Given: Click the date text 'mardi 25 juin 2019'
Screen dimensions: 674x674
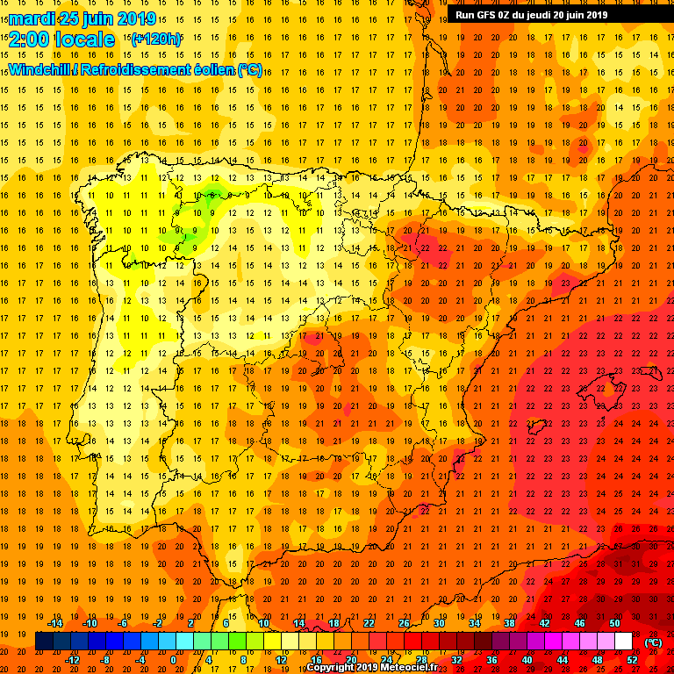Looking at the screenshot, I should coord(83,18).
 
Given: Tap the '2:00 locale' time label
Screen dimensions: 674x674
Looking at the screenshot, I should coord(61,39).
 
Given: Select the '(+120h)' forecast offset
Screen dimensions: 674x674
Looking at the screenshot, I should coord(156,39).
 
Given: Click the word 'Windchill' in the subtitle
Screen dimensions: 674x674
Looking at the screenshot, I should coord(40,69).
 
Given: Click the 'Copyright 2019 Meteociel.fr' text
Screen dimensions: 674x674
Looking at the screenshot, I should coord(377,668).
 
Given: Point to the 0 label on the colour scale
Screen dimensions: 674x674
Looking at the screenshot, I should coord(173,660).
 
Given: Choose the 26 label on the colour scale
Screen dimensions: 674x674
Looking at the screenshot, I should coord(403,624).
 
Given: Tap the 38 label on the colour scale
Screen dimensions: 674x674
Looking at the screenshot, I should coord(509,624).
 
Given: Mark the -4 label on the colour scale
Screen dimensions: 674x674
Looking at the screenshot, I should coord(138,660).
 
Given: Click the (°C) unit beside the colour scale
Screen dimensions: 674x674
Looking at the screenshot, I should coord(653,642).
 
